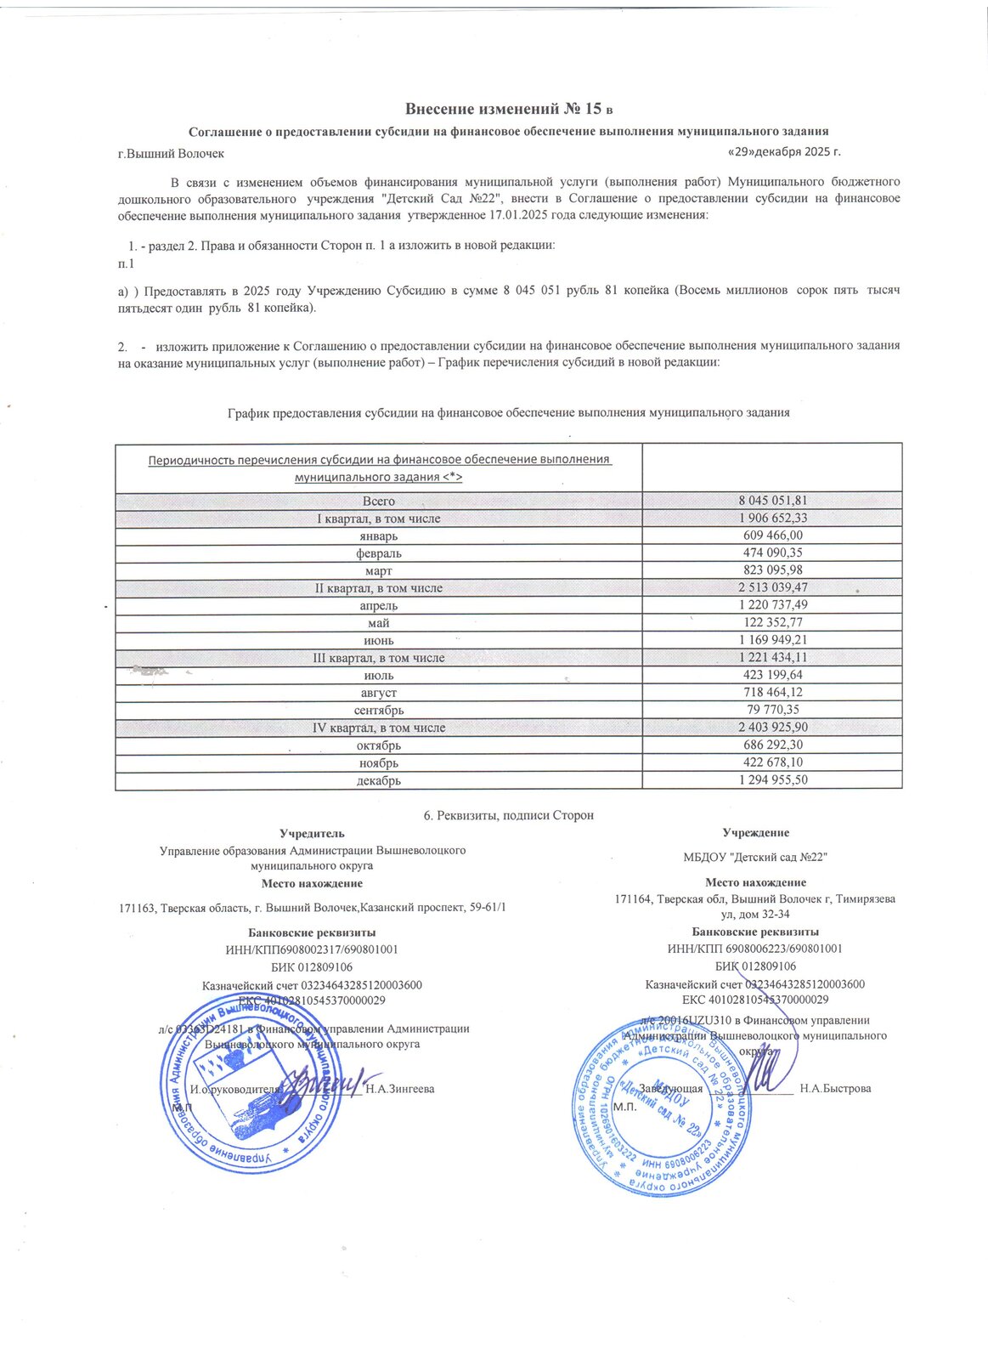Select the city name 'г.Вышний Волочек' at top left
pyautogui.click(x=171, y=154)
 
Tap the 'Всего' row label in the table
pyautogui.click(x=379, y=501)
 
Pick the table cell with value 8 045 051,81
pyautogui.click(x=772, y=501)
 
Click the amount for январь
pyautogui.click(x=772, y=535)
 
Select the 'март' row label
pyautogui.click(x=379, y=571)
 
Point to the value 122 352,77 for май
pyautogui.click(x=772, y=623)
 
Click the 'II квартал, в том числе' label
pyautogui.click(x=379, y=588)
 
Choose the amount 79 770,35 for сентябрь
pyautogui.click(x=772, y=710)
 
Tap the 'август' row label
pyautogui.click(x=379, y=694)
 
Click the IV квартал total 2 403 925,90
pyautogui.click(x=772, y=728)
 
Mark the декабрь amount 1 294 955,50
pyautogui.click(x=772, y=780)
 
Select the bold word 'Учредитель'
pyautogui.click(x=312, y=833)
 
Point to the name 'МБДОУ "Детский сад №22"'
pyautogui.click(x=755, y=857)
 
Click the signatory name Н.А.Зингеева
pyautogui.click(x=399, y=1089)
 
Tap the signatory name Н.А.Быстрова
pyautogui.click(x=835, y=1088)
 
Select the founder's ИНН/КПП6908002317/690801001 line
pyautogui.click(x=312, y=949)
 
